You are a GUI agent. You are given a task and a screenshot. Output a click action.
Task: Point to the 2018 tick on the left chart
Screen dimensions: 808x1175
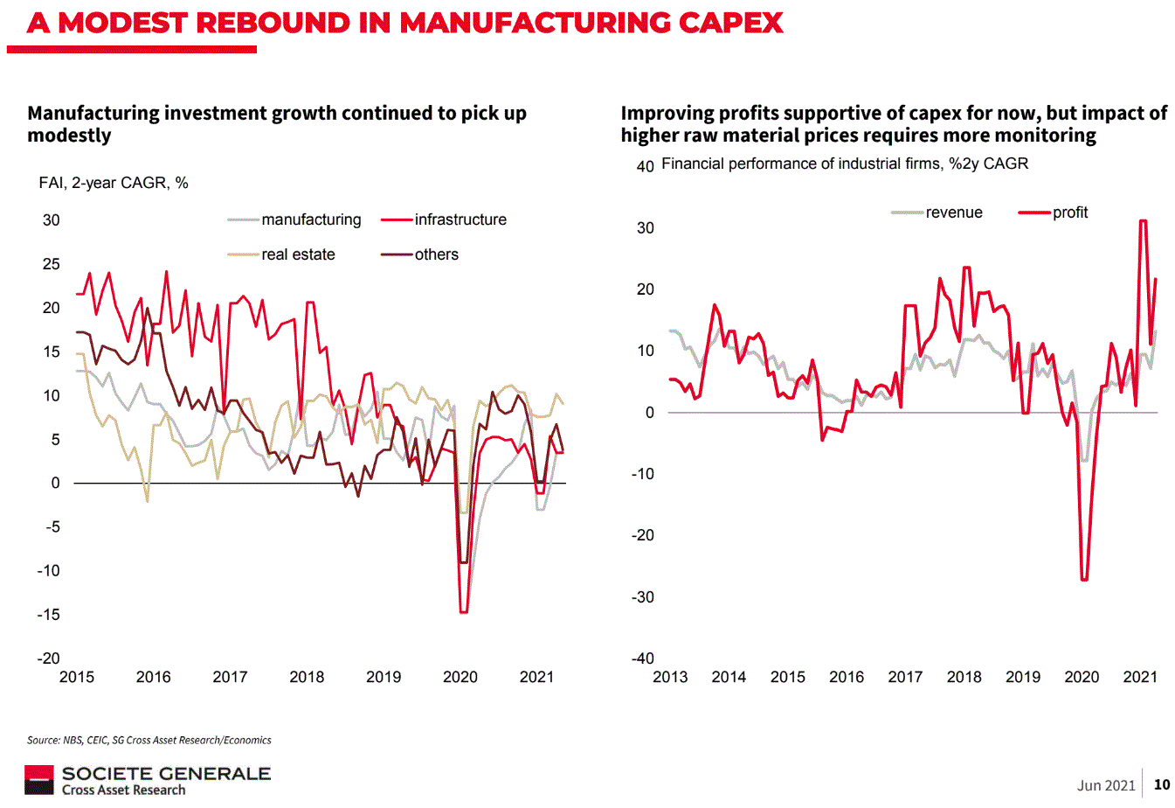[x=307, y=677]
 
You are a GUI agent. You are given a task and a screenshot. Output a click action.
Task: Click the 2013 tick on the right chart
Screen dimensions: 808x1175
[x=670, y=677]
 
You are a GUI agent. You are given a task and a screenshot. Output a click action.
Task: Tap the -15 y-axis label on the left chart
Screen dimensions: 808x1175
[x=48, y=615]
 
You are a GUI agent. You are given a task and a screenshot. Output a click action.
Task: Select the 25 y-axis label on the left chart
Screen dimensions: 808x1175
[x=52, y=264]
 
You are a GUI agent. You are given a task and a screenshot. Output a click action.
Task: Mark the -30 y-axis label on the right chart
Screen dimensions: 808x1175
[x=643, y=597]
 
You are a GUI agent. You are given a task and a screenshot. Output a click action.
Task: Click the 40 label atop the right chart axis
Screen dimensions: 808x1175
[x=645, y=166]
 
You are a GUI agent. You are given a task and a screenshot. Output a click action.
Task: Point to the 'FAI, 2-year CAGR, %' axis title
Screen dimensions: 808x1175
[x=114, y=183]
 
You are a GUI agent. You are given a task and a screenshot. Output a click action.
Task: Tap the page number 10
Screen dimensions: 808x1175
[x=1162, y=784]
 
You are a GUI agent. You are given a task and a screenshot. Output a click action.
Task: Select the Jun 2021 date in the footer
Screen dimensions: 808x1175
[x=1106, y=785]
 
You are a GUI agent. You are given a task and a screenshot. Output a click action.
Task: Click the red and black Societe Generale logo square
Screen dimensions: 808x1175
[x=39, y=780]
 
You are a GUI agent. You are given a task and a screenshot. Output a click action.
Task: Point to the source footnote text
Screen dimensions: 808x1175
[x=149, y=740]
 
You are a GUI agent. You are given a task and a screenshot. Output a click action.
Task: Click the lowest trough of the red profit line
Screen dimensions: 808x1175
[x=1084, y=579]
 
